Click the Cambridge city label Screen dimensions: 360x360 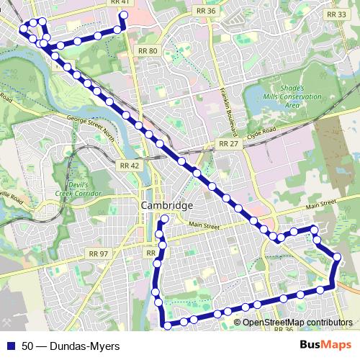point(167,206)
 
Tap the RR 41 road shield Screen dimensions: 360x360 point(120,3)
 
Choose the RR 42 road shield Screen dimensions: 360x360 point(127,165)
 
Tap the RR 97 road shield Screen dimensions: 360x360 point(98,253)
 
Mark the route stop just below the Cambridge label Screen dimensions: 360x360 point(165,218)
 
